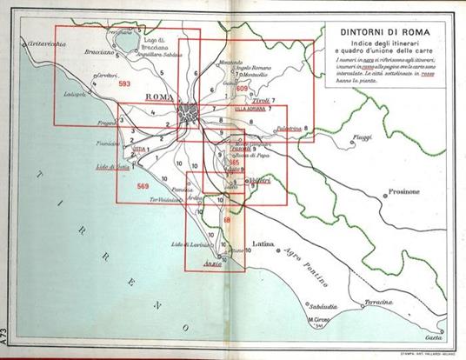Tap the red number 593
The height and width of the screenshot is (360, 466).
point(124,83)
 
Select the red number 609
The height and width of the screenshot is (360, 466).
point(243,89)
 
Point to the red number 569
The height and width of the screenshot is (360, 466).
point(143,186)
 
